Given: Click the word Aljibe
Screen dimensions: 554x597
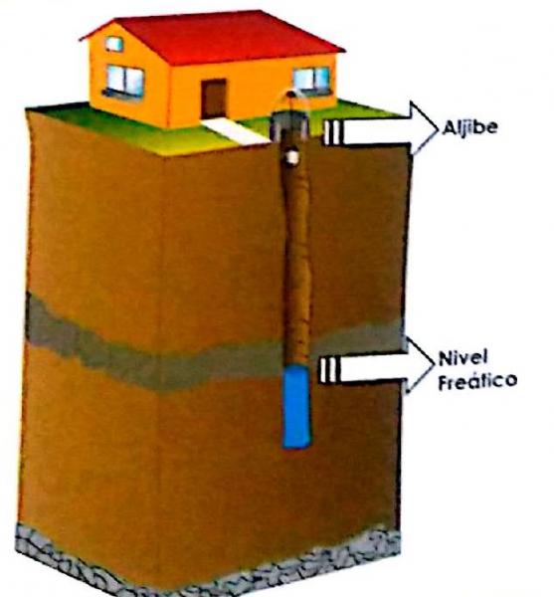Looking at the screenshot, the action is tap(469, 126).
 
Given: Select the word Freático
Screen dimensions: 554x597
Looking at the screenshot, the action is tap(477, 380).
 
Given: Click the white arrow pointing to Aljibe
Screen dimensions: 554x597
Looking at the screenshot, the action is tap(381, 128).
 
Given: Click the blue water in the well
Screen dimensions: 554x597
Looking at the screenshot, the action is tap(296, 406).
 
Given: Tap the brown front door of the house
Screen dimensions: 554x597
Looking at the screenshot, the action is tap(214, 99).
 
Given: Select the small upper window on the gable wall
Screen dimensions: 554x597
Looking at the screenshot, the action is tap(114, 44).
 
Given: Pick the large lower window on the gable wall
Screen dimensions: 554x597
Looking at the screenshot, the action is tap(124, 82).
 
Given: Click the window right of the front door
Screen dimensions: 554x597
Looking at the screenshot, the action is tap(311, 81).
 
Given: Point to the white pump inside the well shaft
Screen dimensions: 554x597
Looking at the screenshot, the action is tap(292, 156).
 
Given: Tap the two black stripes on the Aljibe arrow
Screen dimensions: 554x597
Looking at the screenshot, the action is tap(332, 132).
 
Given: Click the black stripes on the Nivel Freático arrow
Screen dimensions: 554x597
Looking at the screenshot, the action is tap(328, 370).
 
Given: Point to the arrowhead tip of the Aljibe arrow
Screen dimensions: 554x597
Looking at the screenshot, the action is tap(438, 128).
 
